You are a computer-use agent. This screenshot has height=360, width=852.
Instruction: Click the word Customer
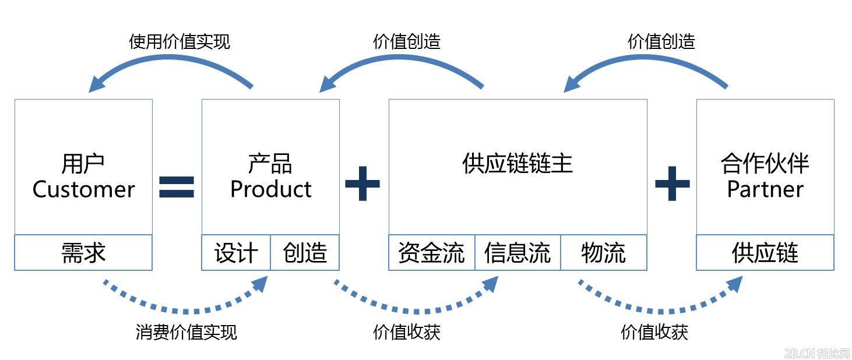(x=83, y=189)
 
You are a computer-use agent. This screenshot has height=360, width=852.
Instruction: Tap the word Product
(x=270, y=189)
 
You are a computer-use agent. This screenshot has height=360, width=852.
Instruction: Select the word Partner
(x=765, y=189)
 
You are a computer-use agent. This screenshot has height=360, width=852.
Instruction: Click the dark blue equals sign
(x=177, y=185)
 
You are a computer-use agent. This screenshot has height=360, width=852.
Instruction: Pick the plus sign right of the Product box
(x=362, y=183)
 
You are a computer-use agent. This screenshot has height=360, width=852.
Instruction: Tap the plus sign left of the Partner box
(x=672, y=183)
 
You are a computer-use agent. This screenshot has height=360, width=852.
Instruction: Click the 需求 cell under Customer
(x=83, y=253)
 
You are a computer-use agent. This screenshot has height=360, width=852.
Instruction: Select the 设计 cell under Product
(x=236, y=253)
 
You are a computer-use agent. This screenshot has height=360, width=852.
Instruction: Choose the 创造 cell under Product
(x=305, y=253)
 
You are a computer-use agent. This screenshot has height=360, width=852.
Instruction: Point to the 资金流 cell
(x=431, y=253)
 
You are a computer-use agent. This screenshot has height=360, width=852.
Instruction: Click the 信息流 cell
(x=517, y=253)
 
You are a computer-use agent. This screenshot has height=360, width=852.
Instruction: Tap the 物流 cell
(x=603, y=253)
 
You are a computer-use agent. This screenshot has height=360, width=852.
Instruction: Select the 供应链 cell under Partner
(x=765, y=253)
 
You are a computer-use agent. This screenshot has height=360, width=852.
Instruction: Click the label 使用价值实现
(x=179, y=42)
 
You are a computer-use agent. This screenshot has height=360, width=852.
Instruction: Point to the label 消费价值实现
(x=186, y=332)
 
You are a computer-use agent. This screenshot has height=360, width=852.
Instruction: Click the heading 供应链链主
(x=517, y=164)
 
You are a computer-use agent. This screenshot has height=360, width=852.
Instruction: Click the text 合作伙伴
(x=765, y=164)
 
